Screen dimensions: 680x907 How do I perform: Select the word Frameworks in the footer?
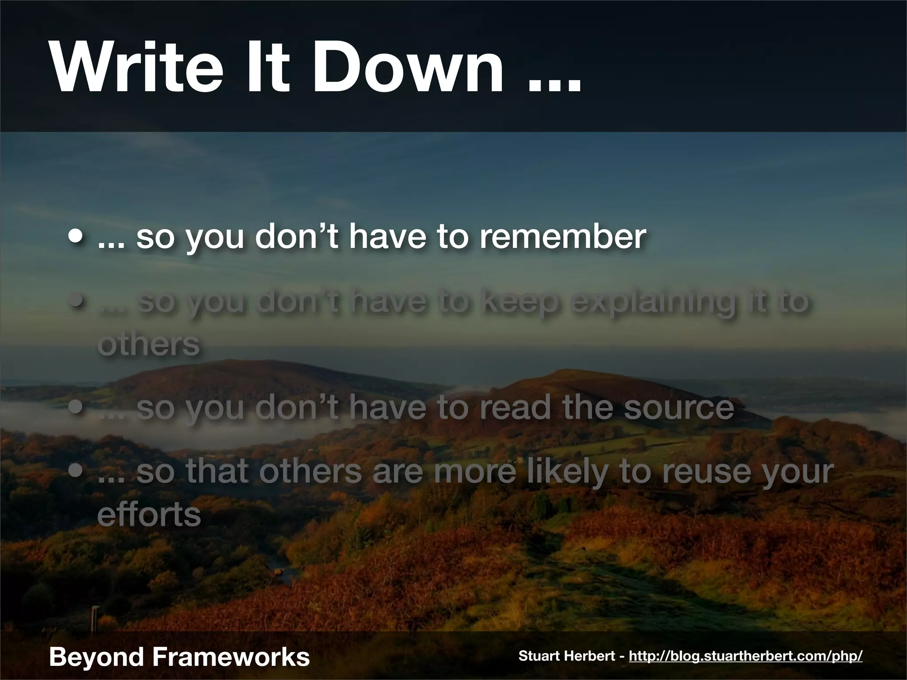231,656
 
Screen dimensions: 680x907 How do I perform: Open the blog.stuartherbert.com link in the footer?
745,656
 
